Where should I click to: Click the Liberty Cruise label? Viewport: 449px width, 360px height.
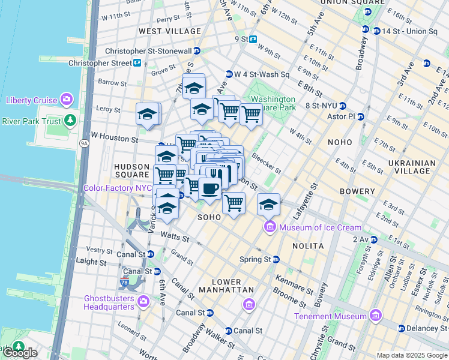[32, 100]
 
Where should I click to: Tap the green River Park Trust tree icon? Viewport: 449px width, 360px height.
[71, 121]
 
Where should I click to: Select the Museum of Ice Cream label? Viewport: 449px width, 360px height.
[319, 227]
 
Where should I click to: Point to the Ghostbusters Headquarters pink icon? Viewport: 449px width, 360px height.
[143, 301]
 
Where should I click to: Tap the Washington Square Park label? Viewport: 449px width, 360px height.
[273, 103]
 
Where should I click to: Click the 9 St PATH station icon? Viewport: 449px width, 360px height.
[253, 40]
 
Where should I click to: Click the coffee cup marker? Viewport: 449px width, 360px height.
[209, 188]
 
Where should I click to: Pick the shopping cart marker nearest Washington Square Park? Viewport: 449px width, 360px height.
[250, 113]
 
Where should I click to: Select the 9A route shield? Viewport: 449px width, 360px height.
[83, 143]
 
